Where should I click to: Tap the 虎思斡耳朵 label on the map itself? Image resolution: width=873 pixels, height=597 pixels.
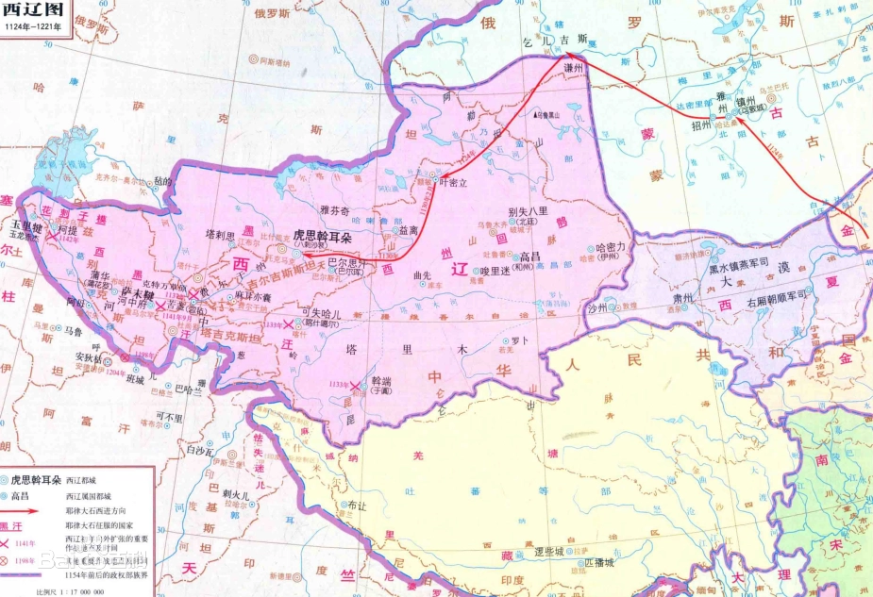pyautogui.click(x=320, y=234)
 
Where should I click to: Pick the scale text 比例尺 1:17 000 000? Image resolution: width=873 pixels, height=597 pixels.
pyautogui.click(x=71, y=590)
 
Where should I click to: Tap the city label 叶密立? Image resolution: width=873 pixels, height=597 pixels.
pyautogui.click(x=455, y=184)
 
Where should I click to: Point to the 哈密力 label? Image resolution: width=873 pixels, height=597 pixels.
pyautogui.click(x=613, y=247)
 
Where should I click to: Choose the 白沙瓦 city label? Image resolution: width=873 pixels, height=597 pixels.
pyautogui.click(x=202, y=452)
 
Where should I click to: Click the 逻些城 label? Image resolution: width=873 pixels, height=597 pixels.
pyautogui.click(x=548, y=550)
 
